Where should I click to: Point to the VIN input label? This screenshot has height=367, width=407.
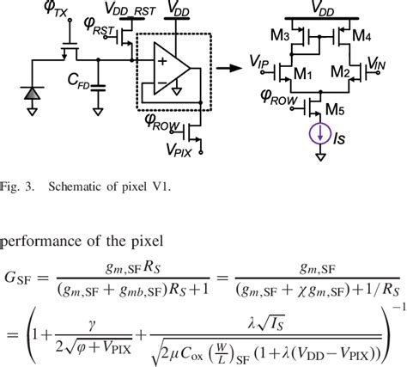click(375, 63)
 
